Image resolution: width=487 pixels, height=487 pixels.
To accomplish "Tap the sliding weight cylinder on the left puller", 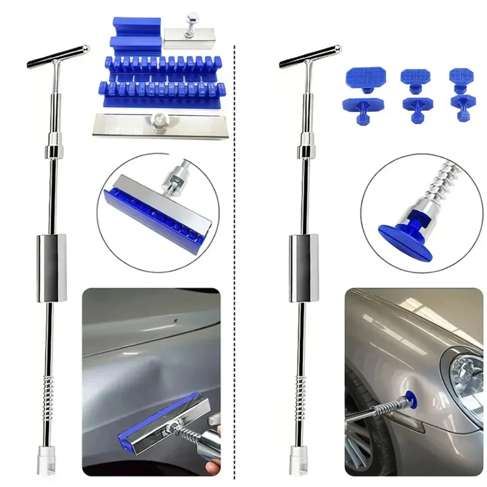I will (x=51, y=267).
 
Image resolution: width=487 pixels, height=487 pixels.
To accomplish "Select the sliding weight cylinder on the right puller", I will (x=304, y=267).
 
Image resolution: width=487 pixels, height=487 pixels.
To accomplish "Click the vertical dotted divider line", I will (x=235, y=243).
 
